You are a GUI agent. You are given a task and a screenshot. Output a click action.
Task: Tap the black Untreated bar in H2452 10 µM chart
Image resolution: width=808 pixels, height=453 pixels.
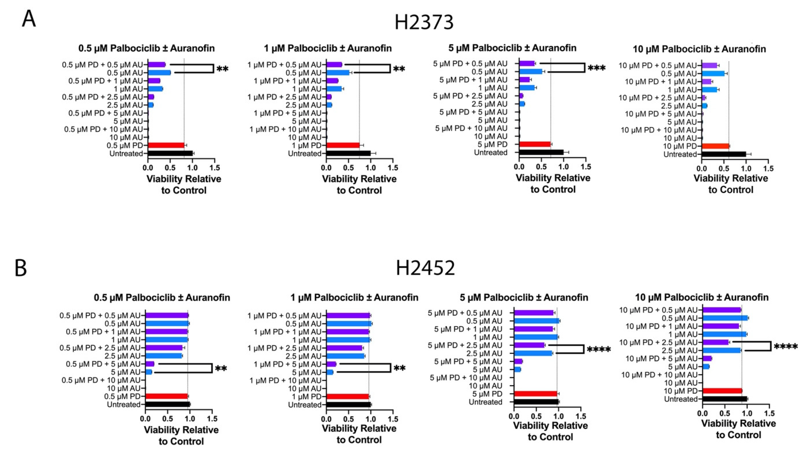tap(725, 399)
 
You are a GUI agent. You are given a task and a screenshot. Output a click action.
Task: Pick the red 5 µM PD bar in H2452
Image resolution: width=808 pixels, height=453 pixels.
tap(535, 394)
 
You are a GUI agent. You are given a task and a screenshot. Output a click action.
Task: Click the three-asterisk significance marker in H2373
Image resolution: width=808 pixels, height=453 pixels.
tap(596, 68)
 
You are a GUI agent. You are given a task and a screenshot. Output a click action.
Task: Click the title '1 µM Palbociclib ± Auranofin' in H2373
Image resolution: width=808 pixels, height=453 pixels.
tap(328, 48)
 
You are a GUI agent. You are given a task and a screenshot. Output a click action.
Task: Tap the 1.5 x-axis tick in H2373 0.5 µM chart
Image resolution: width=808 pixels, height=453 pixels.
tap(215, 168)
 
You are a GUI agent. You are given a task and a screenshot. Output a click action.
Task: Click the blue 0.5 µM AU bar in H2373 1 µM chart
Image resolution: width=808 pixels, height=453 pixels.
tap(337, 73)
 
